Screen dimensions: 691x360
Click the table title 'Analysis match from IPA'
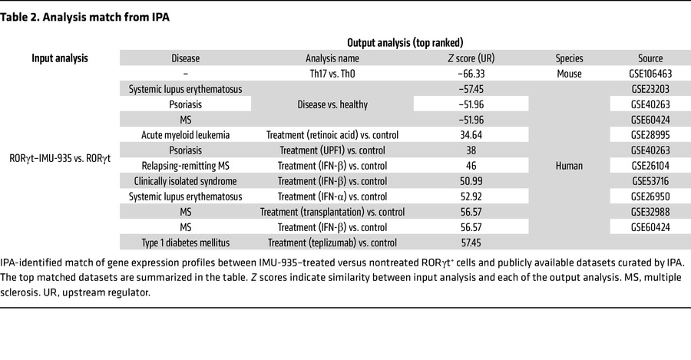(x=106, y=18)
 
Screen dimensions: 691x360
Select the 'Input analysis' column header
(x=59, y=58)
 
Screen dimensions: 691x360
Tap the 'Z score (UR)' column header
(x=471, y=58)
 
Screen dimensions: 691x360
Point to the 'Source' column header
(x=650, y=58)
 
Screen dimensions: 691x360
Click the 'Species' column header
(x=569, y=58)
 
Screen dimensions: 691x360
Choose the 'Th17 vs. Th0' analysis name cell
(x=332, y=74)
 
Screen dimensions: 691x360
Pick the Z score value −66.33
(x=471, y=74)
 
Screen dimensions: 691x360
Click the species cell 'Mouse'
(x=569, y=74)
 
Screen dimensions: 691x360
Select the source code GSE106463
(x=650, y=74)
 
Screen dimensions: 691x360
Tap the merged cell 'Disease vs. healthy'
(x=332, y=104)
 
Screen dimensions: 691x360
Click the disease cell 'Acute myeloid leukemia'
(x=186, y=135)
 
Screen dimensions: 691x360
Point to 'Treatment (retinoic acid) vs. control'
(x=332, y=135)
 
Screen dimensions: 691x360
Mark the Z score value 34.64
(x=471, y=135)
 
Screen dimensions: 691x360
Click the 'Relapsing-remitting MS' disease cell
(x=186, y=166)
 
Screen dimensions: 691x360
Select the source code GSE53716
(x=650, y=181)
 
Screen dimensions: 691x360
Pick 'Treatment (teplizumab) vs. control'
(x=332, y=243)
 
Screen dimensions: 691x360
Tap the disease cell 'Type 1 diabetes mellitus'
(x=186, y=243)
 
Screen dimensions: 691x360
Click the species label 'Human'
(x=569, y=166)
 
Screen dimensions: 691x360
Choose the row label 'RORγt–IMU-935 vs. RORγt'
(x=60, y=158)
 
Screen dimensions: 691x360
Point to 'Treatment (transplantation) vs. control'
(x=332, y=212)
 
